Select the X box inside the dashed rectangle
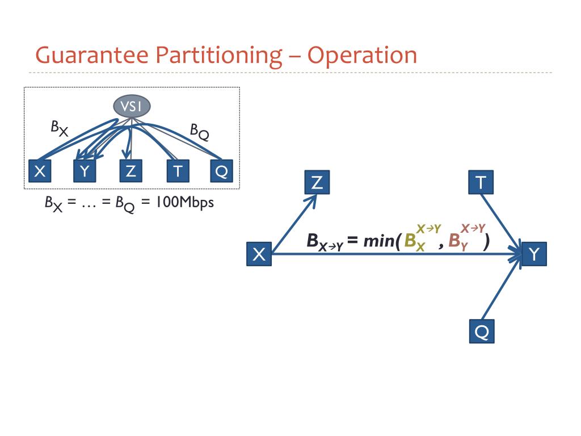pos(40,171)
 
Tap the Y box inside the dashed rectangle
pos(85,171)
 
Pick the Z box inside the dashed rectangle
pos(131,171)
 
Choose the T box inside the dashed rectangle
pos(177,171)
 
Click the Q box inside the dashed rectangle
pos(221,171)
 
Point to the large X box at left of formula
pos(259,254)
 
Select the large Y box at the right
pos(534,254)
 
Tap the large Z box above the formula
pos(317,182)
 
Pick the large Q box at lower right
pos(482,332)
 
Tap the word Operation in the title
pos(363,56)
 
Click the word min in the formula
pos(380,241)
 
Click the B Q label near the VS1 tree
pos(199,132)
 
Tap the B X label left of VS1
pos(59,128)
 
